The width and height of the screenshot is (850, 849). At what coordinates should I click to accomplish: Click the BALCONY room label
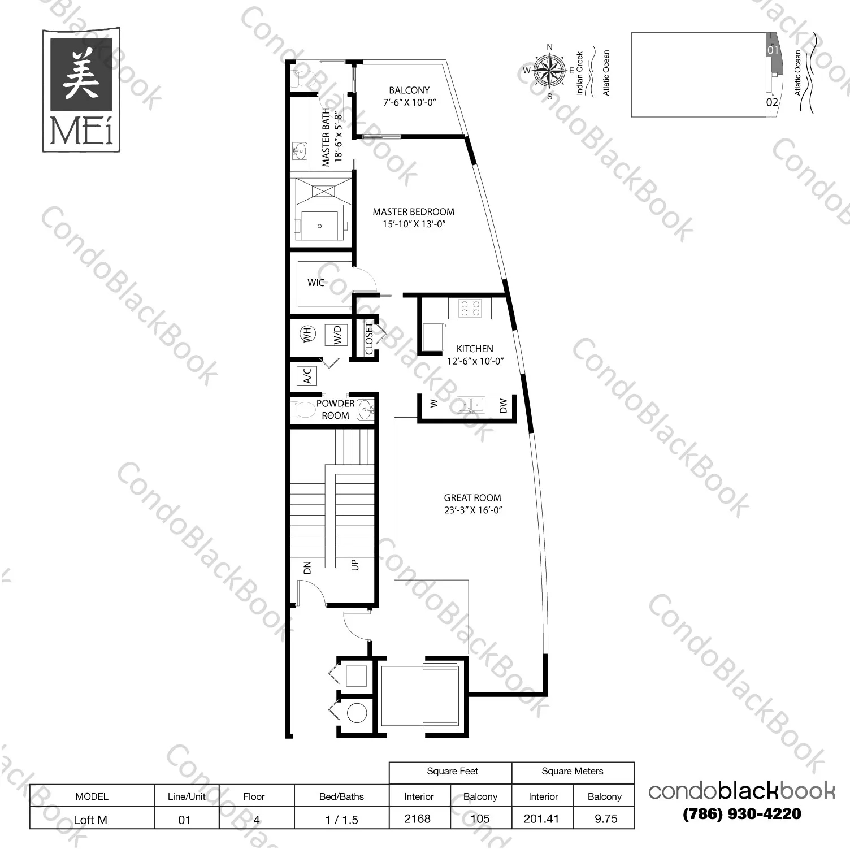coord(409,90)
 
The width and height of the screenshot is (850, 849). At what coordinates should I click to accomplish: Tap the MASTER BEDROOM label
coord(413,212)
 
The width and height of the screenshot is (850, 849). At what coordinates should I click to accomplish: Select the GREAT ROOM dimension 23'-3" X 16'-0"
coord(473,510)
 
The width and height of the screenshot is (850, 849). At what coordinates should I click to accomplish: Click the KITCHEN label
coord(475,349)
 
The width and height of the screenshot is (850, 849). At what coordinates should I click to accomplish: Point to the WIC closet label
coord(315,283)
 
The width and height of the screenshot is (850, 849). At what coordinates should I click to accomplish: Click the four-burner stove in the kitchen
coord(470,308)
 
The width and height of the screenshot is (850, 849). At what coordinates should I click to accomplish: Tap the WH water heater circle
coord(307,334)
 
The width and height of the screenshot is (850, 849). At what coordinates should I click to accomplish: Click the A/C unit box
coord(307,376)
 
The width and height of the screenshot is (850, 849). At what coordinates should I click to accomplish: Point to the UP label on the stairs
coord(355,565)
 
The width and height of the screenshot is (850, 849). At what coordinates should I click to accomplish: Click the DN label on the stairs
coord(307,568)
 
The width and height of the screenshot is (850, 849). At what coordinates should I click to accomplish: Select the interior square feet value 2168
coord(418,818)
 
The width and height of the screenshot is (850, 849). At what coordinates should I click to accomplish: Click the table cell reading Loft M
coord(91,819)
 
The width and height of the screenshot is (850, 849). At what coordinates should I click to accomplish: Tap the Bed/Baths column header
coord(341,796)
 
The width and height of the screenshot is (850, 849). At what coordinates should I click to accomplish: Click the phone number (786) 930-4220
coord(741,814)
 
